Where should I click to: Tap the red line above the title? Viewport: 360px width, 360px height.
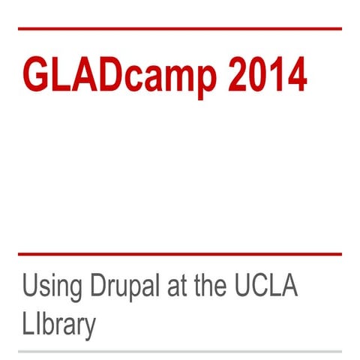point(180,28)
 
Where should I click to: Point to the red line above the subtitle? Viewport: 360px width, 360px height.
point(180,254)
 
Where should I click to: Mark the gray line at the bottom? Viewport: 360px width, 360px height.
point(180,350)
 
